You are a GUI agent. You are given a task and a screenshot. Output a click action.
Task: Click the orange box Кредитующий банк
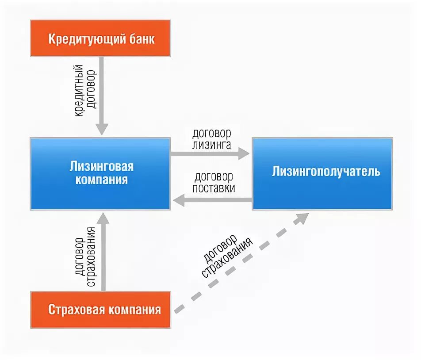tap(101, 38)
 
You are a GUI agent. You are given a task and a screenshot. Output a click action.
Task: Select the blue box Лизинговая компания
tap(100, 173)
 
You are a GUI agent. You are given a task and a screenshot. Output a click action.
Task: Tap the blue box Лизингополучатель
tap(322, 173)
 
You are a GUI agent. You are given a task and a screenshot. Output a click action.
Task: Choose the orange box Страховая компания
tap(101, 309)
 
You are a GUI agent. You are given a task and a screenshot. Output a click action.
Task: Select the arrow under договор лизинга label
tap(210, 153)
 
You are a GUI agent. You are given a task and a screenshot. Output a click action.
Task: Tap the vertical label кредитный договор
tap(85, 91)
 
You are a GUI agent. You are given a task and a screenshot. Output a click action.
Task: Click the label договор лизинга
tap(211, 138)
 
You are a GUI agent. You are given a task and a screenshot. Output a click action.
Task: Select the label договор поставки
tap(214, 182)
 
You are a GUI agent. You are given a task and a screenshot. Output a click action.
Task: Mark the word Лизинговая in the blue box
tap(101, 167)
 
